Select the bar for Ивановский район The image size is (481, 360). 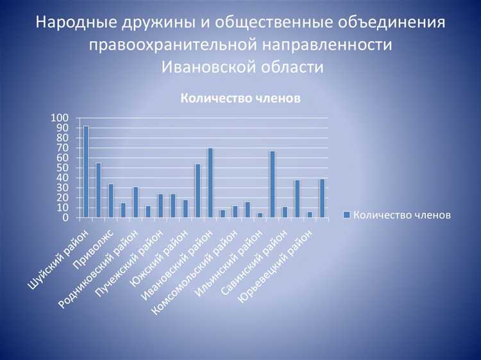pos(210,183)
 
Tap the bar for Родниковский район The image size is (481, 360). pos(135,202)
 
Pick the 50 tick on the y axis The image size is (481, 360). pos(63,167)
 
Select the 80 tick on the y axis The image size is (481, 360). pos(63,138)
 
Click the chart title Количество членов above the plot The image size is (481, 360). pos(240,98)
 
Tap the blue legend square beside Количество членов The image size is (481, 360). pos(346,215)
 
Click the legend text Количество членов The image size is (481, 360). pos(402,215)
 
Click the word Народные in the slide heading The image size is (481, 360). pos(72,23)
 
